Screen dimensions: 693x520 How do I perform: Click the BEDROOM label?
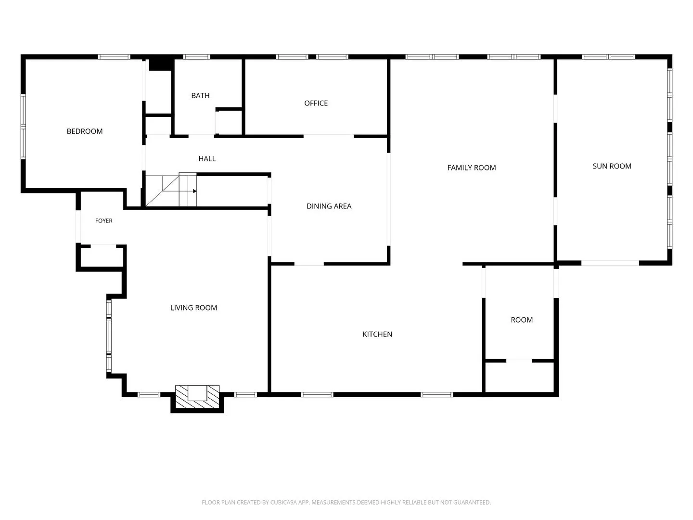tap(85, 131)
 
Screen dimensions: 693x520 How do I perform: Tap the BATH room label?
tap(200, 96)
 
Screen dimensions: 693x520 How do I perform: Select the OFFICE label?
tap(316, 103)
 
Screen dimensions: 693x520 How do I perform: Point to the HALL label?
tap(207, 159)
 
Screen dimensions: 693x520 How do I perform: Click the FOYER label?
tap(103, 221)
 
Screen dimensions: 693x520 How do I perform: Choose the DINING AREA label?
tap(329, 206)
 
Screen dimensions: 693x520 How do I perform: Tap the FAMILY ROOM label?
tap(471, 168)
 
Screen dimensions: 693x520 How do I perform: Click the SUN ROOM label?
tap(612, 166)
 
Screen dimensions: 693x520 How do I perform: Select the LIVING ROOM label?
tap(193, 308)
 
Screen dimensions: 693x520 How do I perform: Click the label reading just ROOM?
tap(522, 320)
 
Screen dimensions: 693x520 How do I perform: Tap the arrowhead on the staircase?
tap(195, 191)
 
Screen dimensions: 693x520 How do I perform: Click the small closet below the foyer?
tap(102, 257)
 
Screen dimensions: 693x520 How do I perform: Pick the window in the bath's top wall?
tap(196, 57)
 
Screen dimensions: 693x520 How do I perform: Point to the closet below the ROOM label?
tap(519, 377)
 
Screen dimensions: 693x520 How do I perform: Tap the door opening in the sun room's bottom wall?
tap(610, 263)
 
